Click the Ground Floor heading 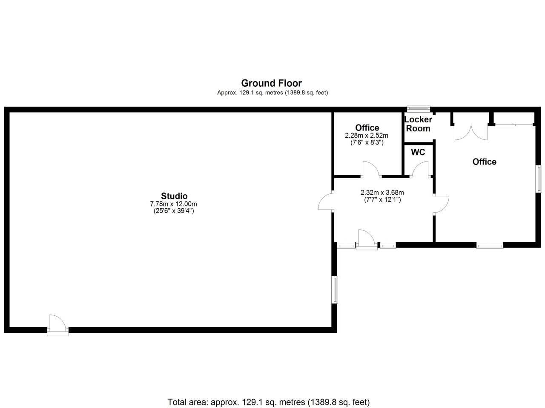(271, 83)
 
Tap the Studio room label (174, 196)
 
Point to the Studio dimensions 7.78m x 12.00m (174, 204)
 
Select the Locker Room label (418, 124)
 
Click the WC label (418, 152)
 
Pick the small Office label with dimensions (367, 128)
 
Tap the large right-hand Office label (485, 161)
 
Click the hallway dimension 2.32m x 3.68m (382, 192)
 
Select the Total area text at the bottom (269, 402)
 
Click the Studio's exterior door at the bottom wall (57, 325)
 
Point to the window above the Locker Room (418, 108)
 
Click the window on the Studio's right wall (335, 290)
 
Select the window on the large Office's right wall (539, 178)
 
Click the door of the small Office (370, 169)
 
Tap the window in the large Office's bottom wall (490, 245)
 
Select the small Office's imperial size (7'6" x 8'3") (367, 143)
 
